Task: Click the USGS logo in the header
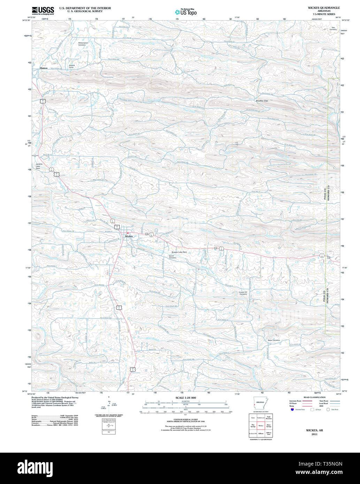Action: click(43, 10)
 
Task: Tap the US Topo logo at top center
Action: click(186, 12)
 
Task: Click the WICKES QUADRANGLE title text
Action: click(319, 7)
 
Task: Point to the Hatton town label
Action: click(44, 68)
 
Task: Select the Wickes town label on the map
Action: click(129, 236)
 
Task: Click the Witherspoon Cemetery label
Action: click(82, 44)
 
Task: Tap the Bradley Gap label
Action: click(261, 101)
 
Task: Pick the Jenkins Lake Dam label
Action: click(39, 166)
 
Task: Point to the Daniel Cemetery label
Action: click(172, 257)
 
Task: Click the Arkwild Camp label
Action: click(72, 66)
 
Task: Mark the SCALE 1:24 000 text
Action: click(186, 398)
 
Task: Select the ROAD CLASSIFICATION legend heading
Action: click(314, 397)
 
